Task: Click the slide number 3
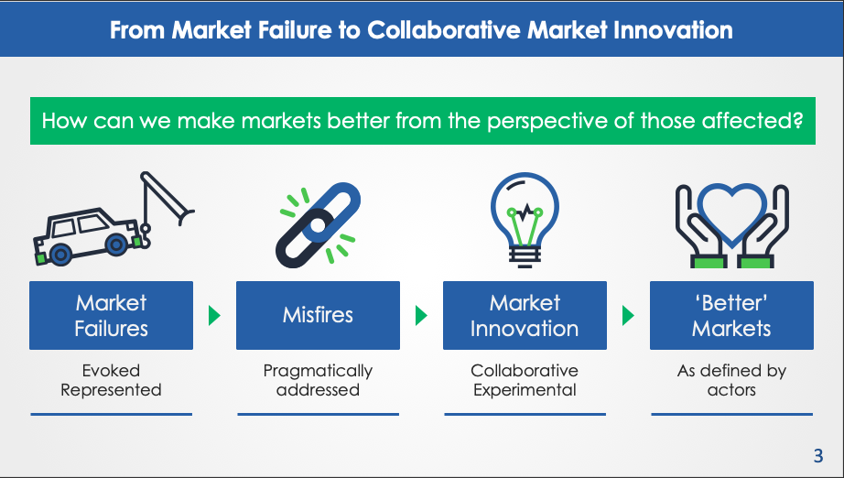[818, 456]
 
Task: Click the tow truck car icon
[114, 219]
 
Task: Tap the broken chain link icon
[318, 225]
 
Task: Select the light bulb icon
[525, 220]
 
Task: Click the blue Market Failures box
[112, 315]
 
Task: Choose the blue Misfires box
[319, 315]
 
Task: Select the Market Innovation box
[525, 315]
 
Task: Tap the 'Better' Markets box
[731, 315]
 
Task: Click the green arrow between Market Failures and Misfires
[214, 315]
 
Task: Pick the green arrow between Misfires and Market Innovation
[421, 315]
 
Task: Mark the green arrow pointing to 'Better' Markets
[628, 315]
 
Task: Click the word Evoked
[111, 370]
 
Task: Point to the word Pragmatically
[318, 371]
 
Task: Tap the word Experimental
[525, 390]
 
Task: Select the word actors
[731, 390]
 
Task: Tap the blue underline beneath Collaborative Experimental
[525, 415]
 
